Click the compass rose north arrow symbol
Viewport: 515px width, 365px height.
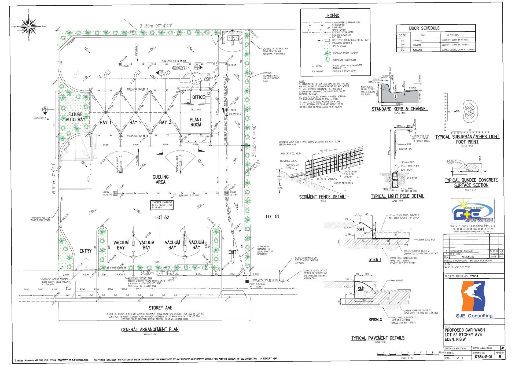(x=29, y=26)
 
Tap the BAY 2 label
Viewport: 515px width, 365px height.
(x=135, y=123)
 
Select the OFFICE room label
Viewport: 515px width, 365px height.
(x=198, y=97)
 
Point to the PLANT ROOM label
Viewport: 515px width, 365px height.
(x=196, y=122)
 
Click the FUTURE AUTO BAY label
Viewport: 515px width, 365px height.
(x=75, y=117)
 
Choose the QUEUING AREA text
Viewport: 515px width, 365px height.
(x=161, y=179)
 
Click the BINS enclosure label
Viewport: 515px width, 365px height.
(x=233, y=38)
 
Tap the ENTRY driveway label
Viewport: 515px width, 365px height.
(x=85, y=251)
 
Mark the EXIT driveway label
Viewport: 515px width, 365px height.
(x=232, y=252)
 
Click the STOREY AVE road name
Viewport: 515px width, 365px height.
(x=160, y=308)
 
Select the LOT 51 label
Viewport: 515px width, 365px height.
(x=272, y=217)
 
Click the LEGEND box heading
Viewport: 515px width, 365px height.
(x=332, y=16)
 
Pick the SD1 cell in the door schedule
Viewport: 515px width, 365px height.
(x=403, y=50)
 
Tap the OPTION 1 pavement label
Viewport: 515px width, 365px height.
(x=375, y=260)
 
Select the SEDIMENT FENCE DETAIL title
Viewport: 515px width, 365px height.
(x=322, y=197)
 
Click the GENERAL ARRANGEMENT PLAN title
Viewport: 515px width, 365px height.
(x=150, y=329)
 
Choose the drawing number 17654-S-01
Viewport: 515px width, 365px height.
(x=483, y=357)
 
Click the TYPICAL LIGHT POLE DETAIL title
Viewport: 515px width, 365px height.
(x=398, y=196)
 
